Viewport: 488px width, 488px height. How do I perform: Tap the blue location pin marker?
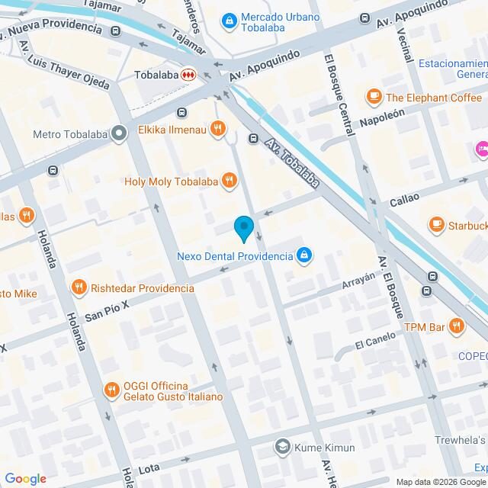click(x=243, y=228)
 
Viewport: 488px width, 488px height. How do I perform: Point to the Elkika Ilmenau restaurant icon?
click(x=218, y=129)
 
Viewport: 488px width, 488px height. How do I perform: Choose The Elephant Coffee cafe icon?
click(x=374, y=97)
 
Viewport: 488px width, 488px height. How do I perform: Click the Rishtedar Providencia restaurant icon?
click(x=78, y=287)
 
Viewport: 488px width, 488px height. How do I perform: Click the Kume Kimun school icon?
click(x=282, y=446)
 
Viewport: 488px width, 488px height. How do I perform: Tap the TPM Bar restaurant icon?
click(x=456, y=326)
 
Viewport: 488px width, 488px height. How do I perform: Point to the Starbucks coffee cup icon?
click(x=436, y=225)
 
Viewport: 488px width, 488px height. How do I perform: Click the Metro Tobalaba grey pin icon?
click(x=118, y=135)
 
